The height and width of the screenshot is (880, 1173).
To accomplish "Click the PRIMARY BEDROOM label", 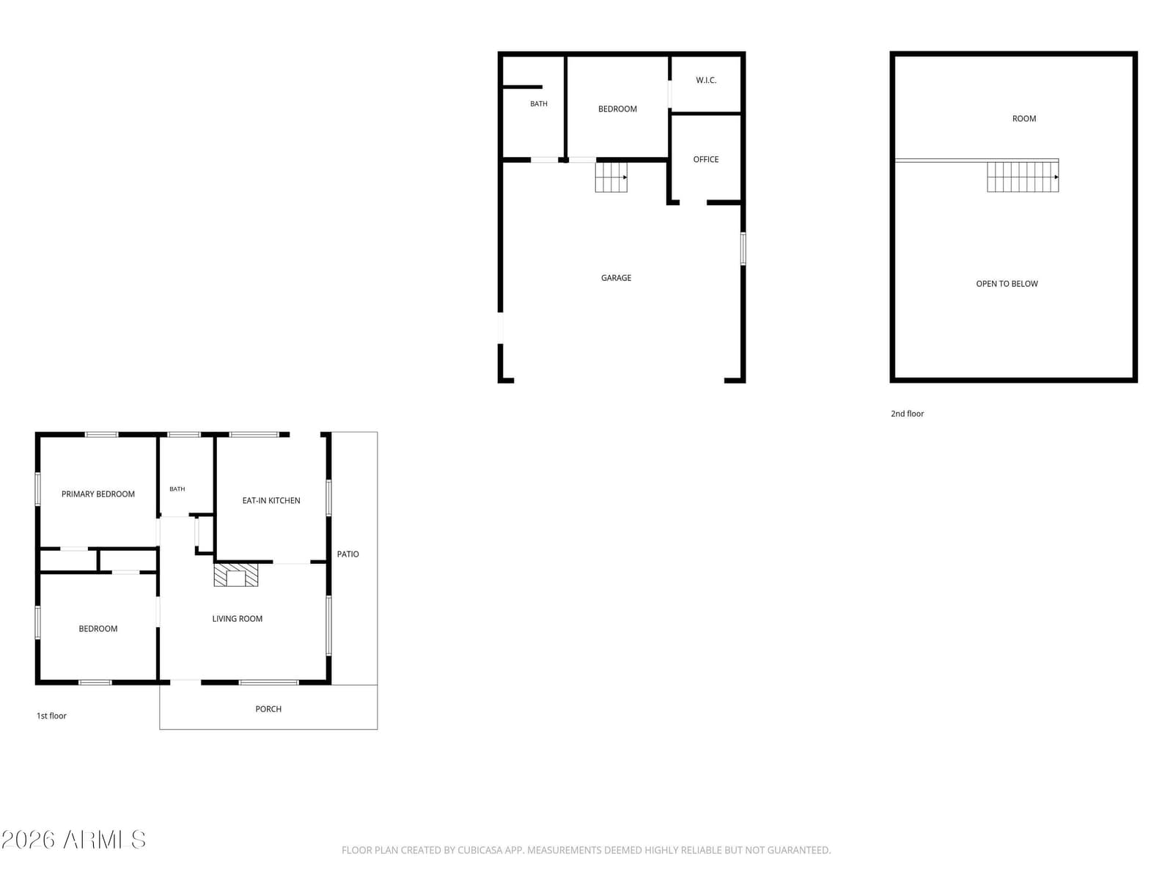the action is [98, 494].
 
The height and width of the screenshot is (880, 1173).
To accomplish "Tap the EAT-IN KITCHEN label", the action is [271, 500].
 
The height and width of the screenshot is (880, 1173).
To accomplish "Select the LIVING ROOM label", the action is [238, 618].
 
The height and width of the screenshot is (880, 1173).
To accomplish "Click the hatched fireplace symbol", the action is [235, 575].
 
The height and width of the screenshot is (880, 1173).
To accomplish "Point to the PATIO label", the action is [348, 554].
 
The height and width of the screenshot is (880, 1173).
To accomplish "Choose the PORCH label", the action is [268, 708].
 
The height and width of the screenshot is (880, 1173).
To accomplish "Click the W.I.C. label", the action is [706, 80].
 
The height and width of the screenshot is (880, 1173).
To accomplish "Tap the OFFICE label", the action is [705, 159].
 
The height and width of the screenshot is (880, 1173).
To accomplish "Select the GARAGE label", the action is [616, 278].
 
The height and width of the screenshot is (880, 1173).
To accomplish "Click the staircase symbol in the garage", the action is [611, 177].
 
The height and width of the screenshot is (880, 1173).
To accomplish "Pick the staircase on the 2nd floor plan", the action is [1022, 177].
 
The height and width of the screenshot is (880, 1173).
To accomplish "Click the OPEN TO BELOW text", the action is [1007, 284].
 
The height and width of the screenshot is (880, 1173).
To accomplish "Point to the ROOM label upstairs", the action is [1024, 119].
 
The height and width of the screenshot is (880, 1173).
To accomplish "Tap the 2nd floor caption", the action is [907, 414].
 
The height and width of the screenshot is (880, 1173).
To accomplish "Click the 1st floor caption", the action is [51, 716].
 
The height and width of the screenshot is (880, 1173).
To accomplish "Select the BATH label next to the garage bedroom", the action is [538, 103].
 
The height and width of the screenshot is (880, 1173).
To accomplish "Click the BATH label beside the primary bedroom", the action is [177, 489].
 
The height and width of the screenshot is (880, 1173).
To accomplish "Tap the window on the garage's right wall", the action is [742, 249].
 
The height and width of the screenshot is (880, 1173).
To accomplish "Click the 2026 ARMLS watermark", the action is [73, 840].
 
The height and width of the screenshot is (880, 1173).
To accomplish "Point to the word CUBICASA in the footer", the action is [477, 850].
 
